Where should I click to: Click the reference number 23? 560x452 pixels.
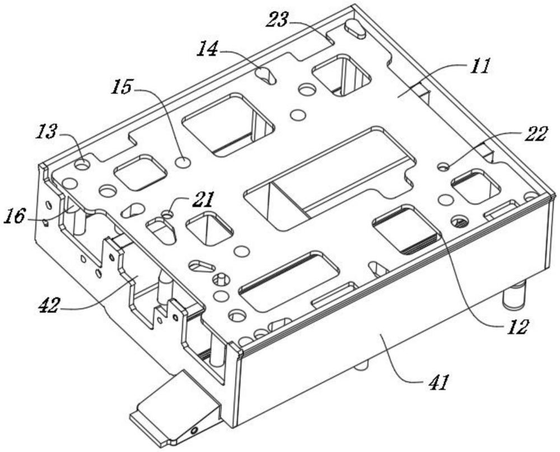tap(277, 20)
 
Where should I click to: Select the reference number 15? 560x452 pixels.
tap(122, 87)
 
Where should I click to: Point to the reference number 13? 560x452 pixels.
tap(46, 132)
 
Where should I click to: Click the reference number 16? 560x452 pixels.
tap(15, 216)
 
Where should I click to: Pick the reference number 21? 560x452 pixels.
tap(203, 200)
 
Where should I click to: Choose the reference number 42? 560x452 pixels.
tap(49, 306)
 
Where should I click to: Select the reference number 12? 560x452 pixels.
tap(516, 326)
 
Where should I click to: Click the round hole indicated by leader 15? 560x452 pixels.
tap(183, 162)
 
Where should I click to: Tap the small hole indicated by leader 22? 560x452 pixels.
tap(444, 167)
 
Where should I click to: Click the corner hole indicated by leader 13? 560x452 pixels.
tap(82, 165)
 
